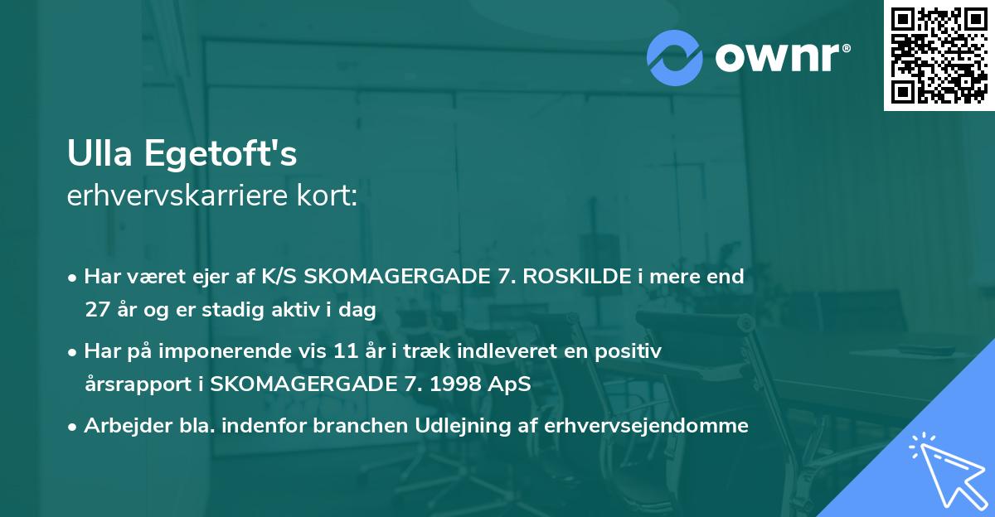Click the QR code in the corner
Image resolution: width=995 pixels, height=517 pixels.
tap(939, 56)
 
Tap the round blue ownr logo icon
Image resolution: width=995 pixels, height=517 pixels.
tap(675, 57)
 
